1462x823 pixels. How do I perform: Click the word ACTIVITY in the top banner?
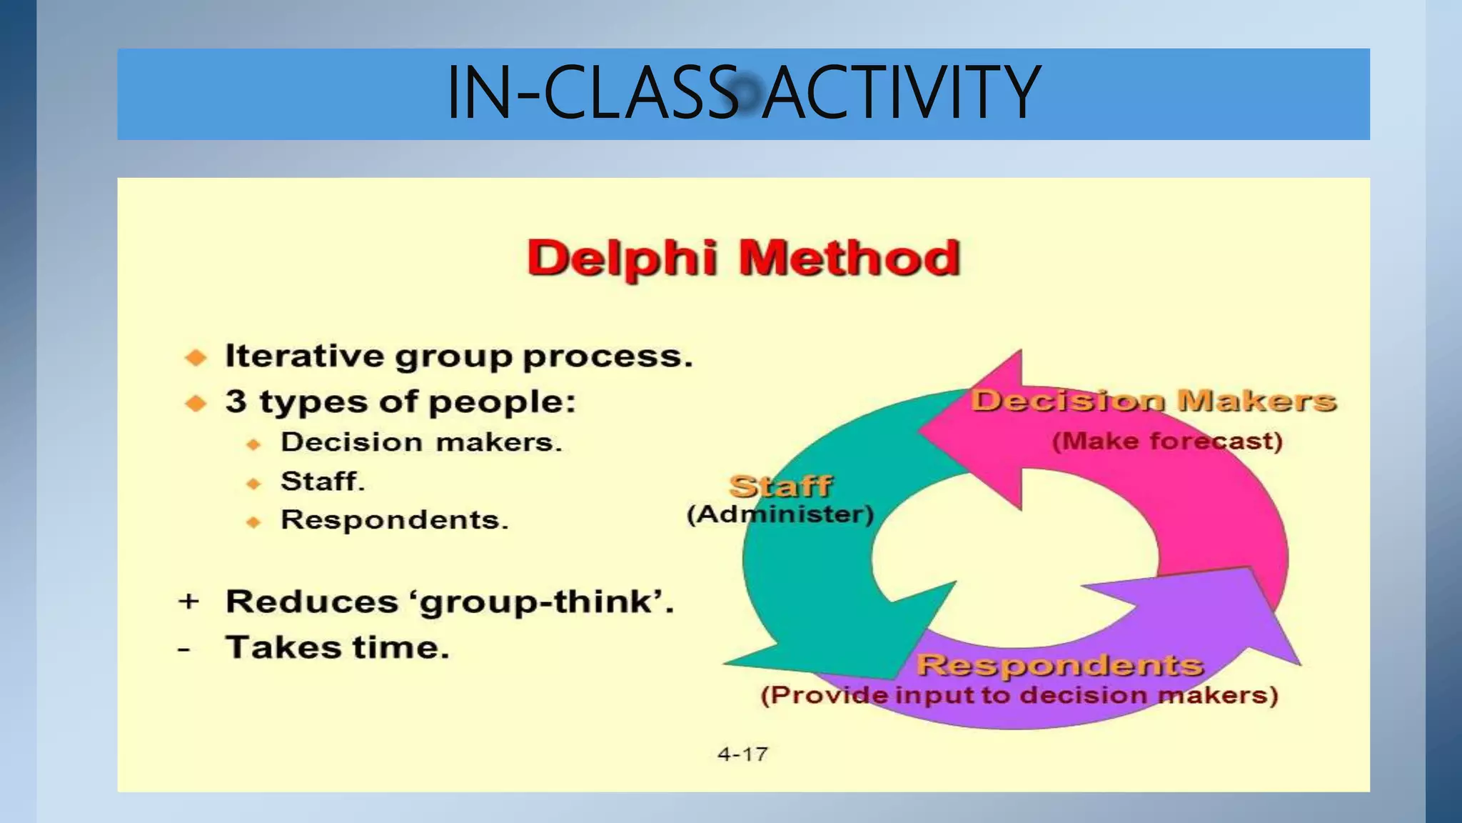[901, 92]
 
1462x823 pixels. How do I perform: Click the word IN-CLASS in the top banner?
[592, 92]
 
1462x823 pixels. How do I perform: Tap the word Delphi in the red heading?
[622, 258]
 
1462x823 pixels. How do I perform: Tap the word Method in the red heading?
[850, 258]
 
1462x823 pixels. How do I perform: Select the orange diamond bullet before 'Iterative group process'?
[196, 357]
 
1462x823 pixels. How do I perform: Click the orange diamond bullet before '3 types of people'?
[196, 404]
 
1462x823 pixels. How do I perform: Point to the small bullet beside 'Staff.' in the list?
[253, 484]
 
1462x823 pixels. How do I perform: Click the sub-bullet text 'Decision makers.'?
[421, 442]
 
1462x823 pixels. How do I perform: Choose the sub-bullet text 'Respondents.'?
[394, 520]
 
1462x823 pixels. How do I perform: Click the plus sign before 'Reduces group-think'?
[188, 602]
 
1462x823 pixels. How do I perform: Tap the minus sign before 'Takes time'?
[184, 649]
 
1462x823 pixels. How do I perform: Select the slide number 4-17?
[742, 754]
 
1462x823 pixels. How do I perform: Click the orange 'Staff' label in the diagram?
[780, 487]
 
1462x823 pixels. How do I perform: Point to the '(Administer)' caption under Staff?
[780, 514]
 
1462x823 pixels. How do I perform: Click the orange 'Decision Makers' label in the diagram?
[1153, 401]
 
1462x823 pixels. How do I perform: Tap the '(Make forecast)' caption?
[1167, 442]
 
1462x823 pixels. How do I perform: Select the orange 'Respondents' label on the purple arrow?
[1060, 665]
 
